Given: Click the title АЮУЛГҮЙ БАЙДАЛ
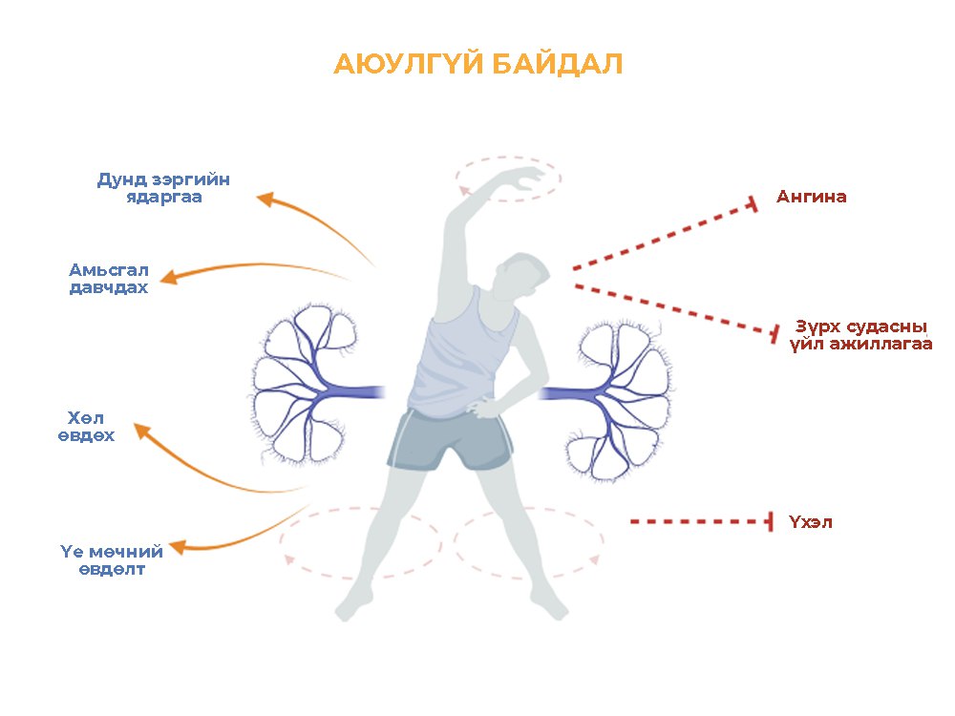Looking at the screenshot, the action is click(478, 64).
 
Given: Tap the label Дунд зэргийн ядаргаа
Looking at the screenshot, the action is click(164, 188).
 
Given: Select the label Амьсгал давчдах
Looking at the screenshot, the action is click(109, 278).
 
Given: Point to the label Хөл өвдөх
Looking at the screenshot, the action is click(86, 427).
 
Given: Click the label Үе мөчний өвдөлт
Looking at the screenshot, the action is click(112, 560).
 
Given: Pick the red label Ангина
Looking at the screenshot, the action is click(811, 197).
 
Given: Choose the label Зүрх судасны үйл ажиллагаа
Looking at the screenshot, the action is click(860, 336).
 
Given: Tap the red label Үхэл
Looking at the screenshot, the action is click(810, 522).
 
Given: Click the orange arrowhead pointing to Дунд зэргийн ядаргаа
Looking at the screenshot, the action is click(266, 200).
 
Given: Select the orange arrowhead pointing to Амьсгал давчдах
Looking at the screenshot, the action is click(169, 277).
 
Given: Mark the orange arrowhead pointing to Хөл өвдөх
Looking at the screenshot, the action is click(142, 432).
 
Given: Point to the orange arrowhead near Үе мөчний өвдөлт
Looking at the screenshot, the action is click(178, 547).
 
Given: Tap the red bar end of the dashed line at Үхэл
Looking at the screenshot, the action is click(771, 522).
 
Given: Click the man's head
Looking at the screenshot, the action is click(520, 277).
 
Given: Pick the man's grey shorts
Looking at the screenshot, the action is click(451, 439).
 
